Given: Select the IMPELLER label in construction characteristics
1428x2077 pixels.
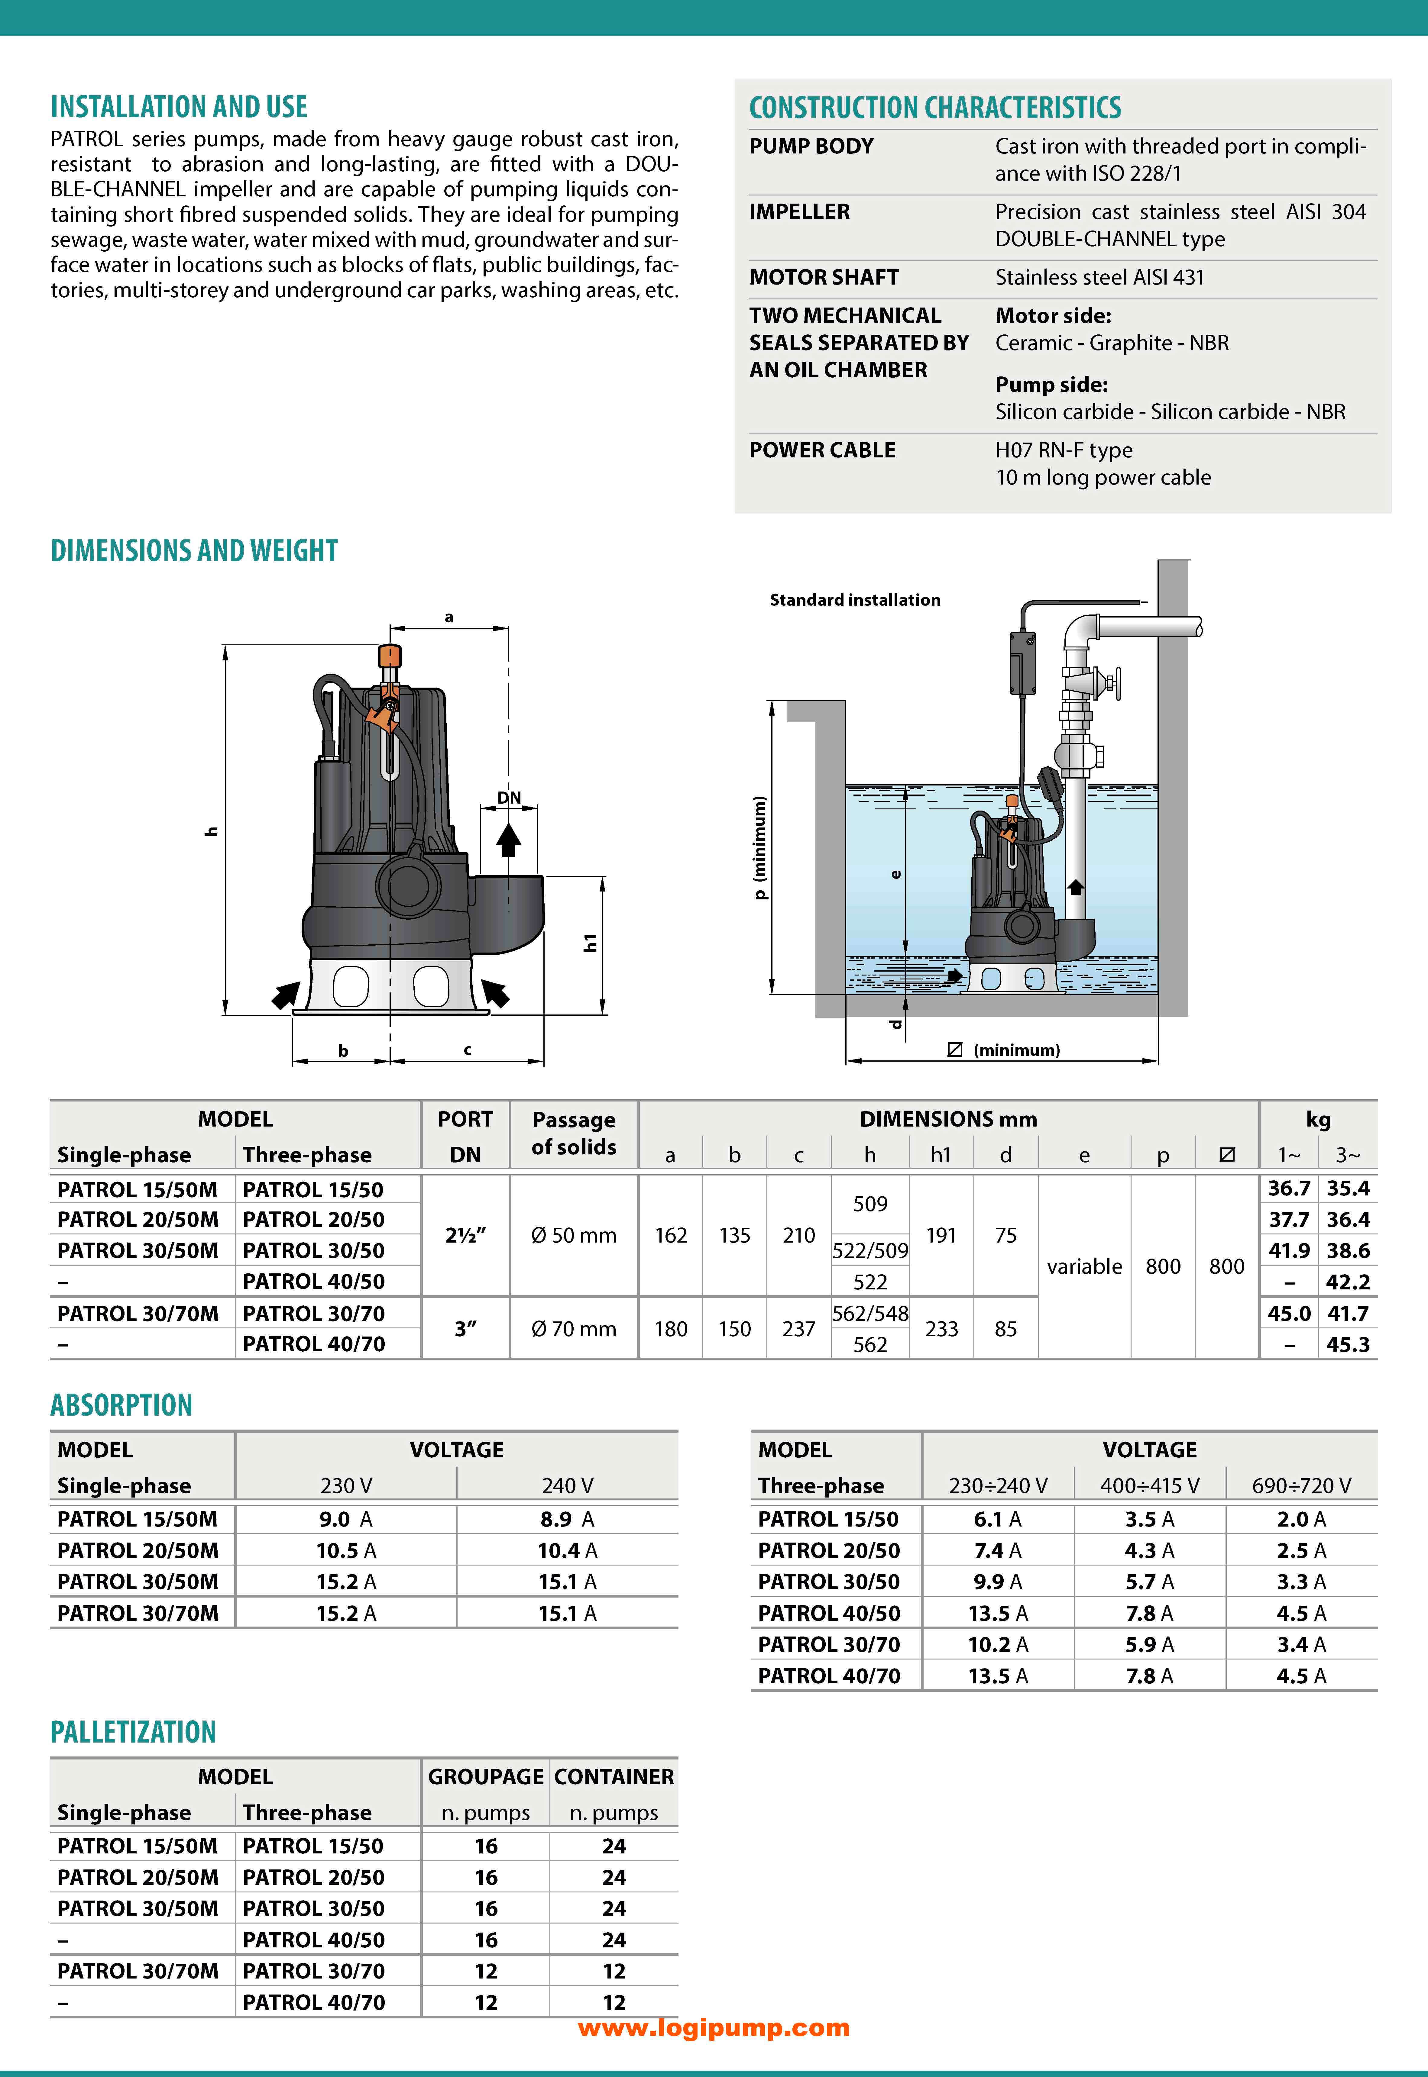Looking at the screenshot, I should pos(799,212).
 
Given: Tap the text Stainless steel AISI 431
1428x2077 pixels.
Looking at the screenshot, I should pos(1099,277).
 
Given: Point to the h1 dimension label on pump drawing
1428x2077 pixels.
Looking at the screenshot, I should pos(590,942).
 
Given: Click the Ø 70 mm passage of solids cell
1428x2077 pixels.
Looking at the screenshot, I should pos(574,1329).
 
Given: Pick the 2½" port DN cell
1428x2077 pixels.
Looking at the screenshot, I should pos(465,1235).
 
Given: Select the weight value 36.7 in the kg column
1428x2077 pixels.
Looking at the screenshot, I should pos(1288,1189).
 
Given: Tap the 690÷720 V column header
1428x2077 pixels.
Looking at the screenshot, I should pos(1301,1486).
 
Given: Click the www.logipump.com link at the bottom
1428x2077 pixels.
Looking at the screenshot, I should pos(713,2027).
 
